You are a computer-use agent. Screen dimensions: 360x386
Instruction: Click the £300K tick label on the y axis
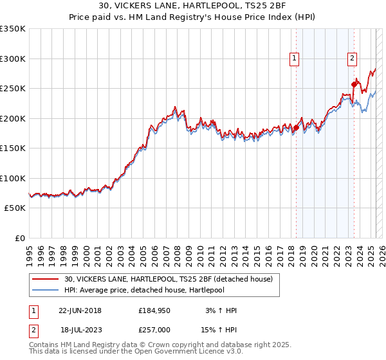[12, 59]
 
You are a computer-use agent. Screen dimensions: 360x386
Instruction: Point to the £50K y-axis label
[14, 208]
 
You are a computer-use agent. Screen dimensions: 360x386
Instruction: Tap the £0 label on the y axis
[20, 239]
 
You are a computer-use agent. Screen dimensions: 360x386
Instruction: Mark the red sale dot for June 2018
[296, 127]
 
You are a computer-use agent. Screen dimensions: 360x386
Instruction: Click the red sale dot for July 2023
[354, 84]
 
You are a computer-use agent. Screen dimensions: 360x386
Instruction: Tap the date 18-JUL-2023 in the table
[80, 329]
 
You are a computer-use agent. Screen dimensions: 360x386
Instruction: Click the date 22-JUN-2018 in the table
[80, 311]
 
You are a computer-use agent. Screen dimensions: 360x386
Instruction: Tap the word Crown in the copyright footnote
[160, 345]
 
